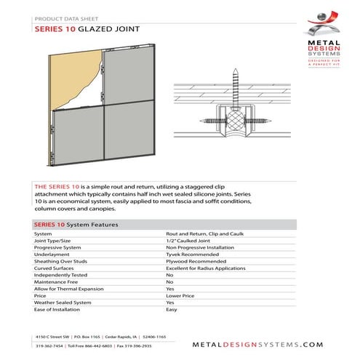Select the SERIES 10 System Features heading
click(76, 225)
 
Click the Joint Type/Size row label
click(53, 241)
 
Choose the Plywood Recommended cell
click(193, 262)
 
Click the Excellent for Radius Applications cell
click(205, 268)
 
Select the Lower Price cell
click(180, 296)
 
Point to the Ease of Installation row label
click(57, 310)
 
